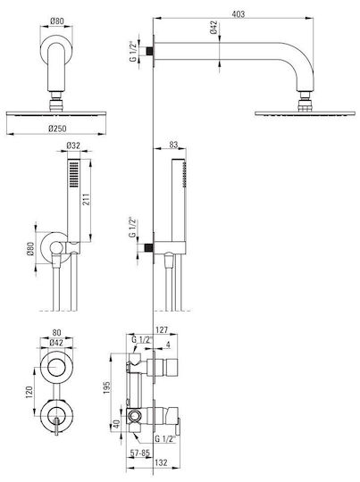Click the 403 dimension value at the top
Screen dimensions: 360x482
coord(239,13)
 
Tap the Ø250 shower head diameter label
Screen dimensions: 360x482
coord(57,129)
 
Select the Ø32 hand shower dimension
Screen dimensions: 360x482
coord(73,145)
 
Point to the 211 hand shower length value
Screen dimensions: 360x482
coord(86,199)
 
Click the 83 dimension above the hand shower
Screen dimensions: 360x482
coord(173,145)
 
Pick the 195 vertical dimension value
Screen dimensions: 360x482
coord(106,388)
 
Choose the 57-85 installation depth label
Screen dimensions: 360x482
coord(140,453)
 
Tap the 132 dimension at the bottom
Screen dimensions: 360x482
coord(161,462)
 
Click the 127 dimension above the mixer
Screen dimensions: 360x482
coord(162,330)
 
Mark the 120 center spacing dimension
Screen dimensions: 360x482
coord(29,393)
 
